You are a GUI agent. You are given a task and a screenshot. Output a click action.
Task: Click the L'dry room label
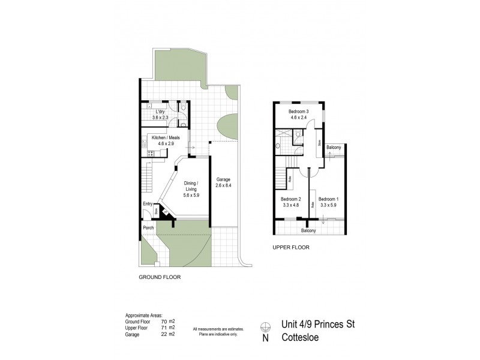tap(160, 112)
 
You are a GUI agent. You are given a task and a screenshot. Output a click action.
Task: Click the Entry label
tap(147, 205)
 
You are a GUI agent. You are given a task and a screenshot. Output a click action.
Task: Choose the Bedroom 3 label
tap(298, 112)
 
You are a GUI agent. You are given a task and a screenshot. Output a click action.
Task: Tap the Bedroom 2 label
tap(291, 199)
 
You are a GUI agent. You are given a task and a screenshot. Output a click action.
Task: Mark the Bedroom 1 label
tap(328, 199)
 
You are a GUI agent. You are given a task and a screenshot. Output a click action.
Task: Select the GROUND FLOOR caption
tap(160, 277)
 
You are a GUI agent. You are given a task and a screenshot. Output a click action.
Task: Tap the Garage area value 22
tap(167, 334)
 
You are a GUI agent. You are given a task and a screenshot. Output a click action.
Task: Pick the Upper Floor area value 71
tap(167, 328)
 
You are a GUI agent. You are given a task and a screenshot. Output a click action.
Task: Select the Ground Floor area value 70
tap(167, 322)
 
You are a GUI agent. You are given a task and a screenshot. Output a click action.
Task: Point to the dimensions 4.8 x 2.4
tap(298, 118)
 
